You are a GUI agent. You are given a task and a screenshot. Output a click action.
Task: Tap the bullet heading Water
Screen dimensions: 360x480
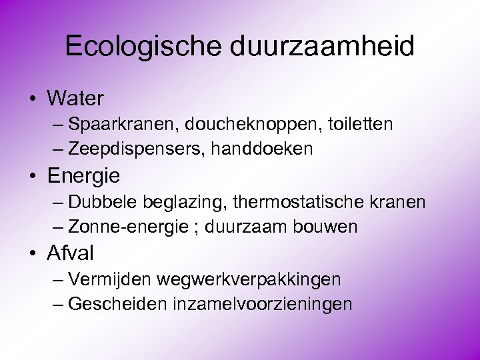75,99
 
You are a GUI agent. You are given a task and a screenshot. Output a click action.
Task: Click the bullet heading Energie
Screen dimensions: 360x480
84,176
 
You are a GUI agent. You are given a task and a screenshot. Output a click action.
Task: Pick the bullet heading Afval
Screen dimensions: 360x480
71,253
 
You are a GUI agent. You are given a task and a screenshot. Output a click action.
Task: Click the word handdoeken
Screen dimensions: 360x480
262,149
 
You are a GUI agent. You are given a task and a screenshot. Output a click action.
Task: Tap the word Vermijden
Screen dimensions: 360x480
108,279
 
